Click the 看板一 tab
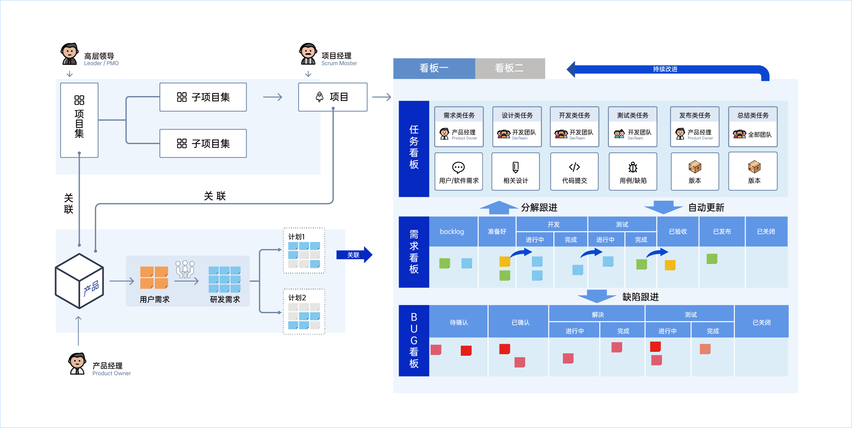[x=434, y=68]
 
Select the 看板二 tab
[x=509, y=68]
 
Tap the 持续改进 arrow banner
[x=665, y=69]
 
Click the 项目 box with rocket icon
[x=333, y=97]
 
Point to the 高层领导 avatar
[x=70, y=53]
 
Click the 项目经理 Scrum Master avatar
[x=308, y=53]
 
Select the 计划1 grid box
[x=304, y=251]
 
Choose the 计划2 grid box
[x=304, y=312]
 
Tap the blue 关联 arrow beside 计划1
[x=354, y=255]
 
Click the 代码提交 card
[x=575, y=171]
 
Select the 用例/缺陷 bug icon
[x=633, y=168]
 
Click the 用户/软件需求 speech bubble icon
[x=458, y=168]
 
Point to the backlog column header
[x=452, y=232]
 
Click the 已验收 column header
[x=678, y=232]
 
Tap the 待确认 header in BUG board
[x=458, y=322]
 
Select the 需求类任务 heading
[x=459, y=115]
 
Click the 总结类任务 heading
[x=753, y=115]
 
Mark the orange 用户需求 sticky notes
[x=154, y=277]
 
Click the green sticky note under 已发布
[x=712, y=259]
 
